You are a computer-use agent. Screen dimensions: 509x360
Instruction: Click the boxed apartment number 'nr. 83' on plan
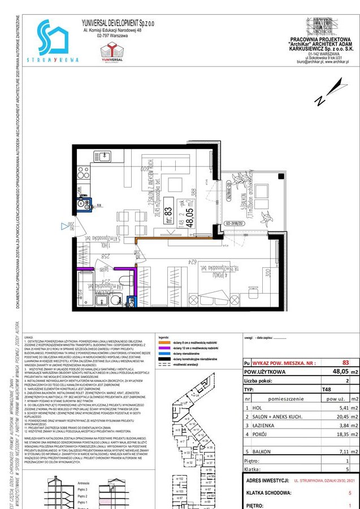coord(168,212)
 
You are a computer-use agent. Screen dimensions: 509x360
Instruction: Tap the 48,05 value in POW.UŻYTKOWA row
coord(340,372)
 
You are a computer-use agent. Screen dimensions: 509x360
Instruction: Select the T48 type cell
coord(327,390)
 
